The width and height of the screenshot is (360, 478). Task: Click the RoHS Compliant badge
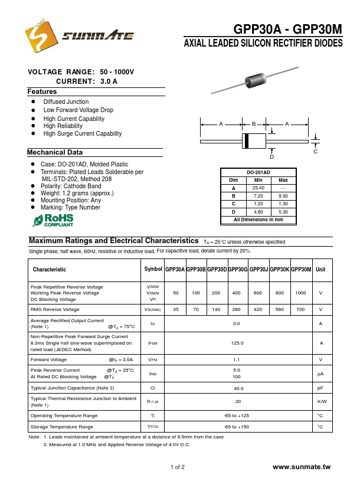tap(53, 221)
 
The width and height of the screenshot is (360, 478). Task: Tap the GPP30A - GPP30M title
tap(287, 30)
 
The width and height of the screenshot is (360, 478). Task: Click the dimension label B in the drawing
tap(254, 124)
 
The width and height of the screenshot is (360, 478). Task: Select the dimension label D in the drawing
tap(272, 157)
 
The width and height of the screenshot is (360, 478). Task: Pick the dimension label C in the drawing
tap(316, 152)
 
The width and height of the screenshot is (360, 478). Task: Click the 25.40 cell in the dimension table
tap(258, 188)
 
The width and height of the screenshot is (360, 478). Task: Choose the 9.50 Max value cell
tap(283, 195)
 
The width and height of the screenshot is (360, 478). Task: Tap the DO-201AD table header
tap(258, 172)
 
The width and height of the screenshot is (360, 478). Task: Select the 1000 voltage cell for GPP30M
tap(300, 293)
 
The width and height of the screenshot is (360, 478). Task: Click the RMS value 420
tap(258, 309)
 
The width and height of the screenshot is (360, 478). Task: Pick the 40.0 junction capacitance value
tap(237, 388)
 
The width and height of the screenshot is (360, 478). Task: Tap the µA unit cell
tap(320, 373)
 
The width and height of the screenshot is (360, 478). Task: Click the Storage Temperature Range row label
tap(62, 426)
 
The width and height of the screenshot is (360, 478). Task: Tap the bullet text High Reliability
tap(63, 126)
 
